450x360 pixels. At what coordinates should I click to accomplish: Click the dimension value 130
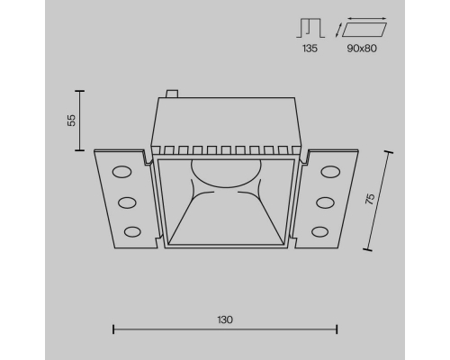(225, 319)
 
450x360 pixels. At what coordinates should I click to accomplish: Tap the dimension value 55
(71, 120)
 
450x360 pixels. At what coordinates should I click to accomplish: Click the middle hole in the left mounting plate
(126, 202)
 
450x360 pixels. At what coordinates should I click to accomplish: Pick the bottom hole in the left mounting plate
(132, 232)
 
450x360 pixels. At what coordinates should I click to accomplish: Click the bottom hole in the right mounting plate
(318, 232)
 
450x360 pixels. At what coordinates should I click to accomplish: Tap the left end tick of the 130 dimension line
(112, 329)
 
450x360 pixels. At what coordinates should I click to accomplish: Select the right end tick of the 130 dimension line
(337, 329)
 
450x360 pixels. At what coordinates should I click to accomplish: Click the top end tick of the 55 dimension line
(81, 91)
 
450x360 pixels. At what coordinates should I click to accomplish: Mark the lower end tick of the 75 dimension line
(369, 247)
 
